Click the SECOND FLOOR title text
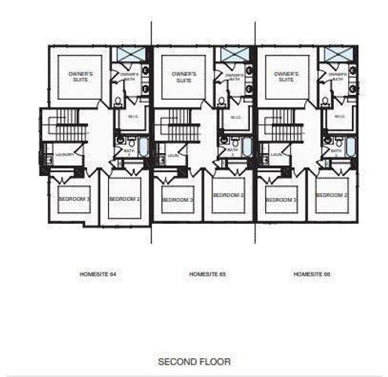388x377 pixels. [194, 361]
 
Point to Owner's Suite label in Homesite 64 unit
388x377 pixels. [80, 77]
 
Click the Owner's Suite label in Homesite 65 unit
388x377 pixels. [183, 77]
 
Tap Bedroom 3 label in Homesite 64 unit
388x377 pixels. [74, 199]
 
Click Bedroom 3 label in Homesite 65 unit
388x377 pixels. [177, 199]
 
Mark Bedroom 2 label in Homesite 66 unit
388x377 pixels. [331, 195]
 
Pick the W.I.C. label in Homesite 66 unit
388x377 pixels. [339, 116]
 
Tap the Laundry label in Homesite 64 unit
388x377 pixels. [64, 155]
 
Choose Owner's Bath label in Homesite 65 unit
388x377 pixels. [234, 77]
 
